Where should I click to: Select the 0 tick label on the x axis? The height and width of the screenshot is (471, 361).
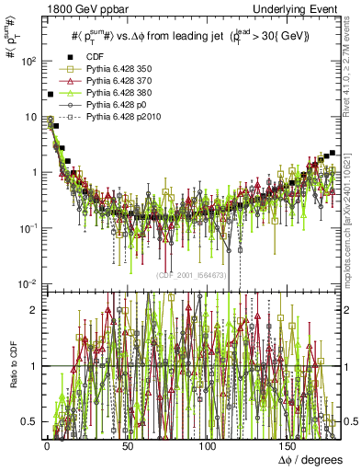46,444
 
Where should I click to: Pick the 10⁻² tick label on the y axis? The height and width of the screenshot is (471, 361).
26,283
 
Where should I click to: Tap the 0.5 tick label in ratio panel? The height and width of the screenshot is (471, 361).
28,421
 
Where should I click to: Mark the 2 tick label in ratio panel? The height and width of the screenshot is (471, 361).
33,310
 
